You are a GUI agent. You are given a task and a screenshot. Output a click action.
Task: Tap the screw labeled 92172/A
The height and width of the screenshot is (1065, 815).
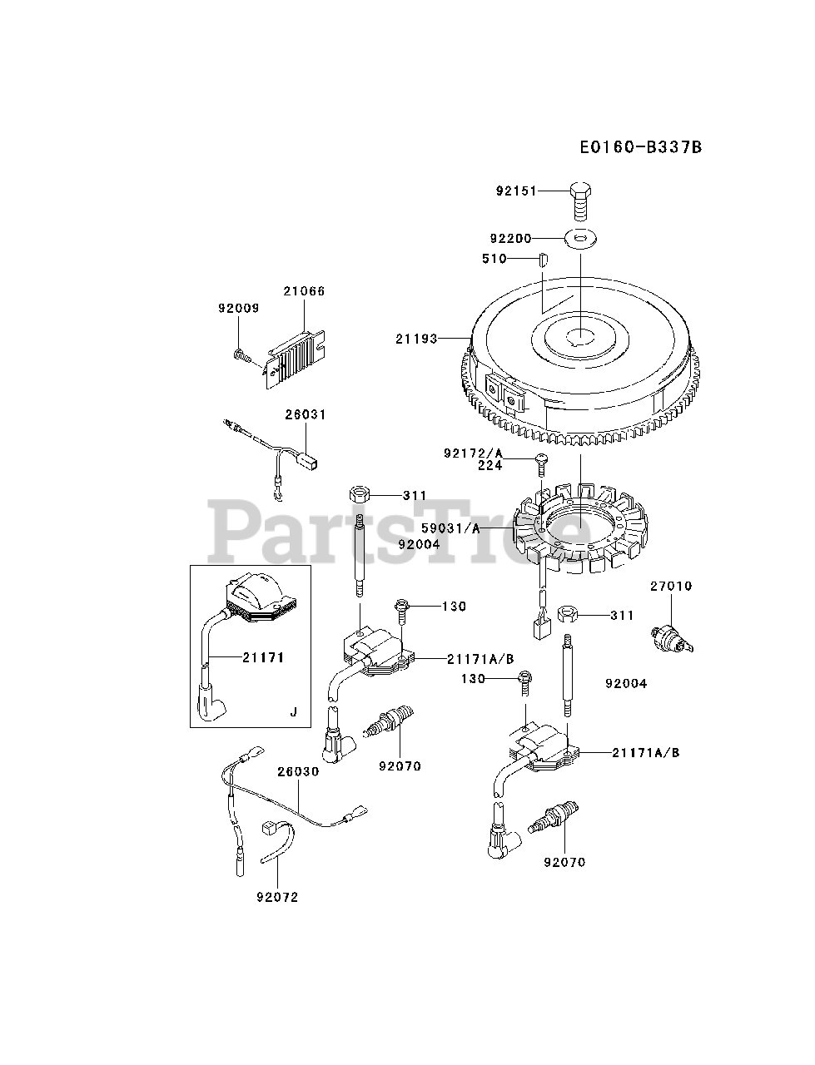point(539,458)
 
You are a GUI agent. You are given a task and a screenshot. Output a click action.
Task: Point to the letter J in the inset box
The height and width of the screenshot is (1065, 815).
point(292,712)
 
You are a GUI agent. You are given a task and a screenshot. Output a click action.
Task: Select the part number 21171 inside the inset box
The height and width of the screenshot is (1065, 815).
point(263,657)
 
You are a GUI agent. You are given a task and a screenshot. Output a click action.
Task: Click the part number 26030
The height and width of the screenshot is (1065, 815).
point(298,772)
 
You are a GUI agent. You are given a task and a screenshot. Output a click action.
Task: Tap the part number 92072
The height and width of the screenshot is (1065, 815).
point(278,898)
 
